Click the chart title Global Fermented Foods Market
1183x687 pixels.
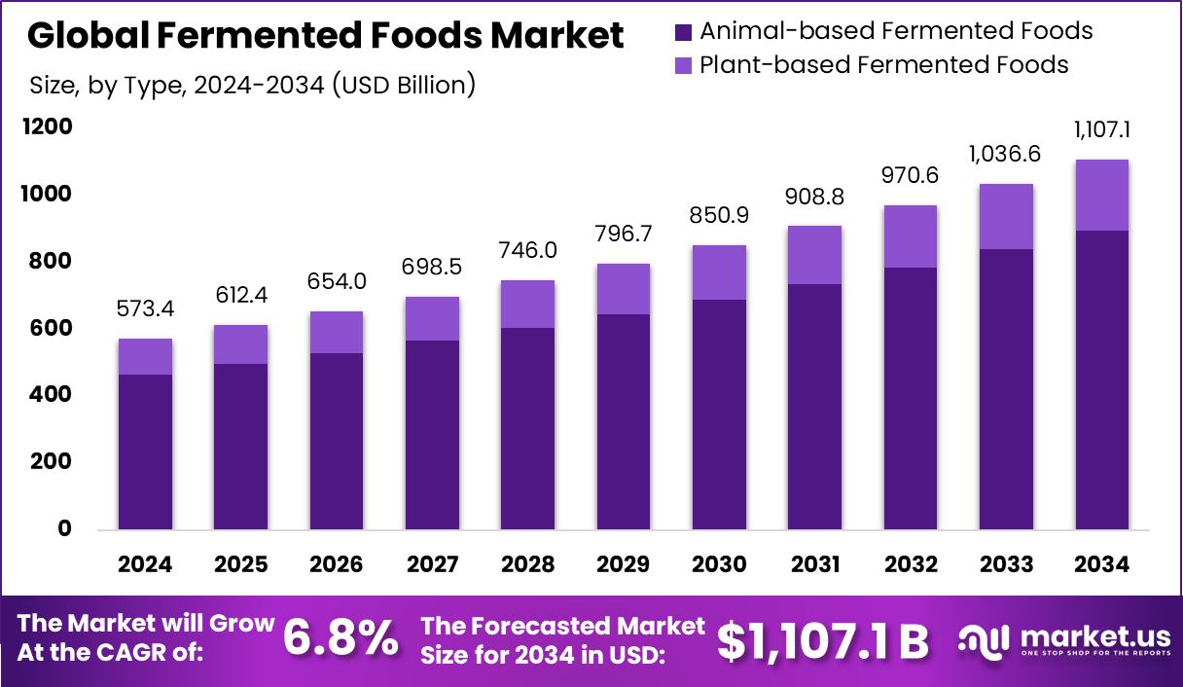point(326,36)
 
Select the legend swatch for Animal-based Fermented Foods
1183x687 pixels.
point(683,32)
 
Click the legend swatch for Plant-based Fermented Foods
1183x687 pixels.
point(683,66)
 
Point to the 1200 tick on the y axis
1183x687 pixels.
point(50,127)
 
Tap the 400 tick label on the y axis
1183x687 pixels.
point(50,395)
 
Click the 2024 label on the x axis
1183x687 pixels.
point(145,565)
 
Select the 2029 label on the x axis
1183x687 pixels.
point(624,565)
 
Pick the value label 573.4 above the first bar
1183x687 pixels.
point(145,310)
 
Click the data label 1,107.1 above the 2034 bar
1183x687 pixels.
point(1101,130)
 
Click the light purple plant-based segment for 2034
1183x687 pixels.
point(1101,195)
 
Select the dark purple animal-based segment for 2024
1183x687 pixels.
point(145,452)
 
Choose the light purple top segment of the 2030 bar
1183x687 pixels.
point(719,272)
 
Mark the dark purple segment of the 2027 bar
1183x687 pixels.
point(432,435)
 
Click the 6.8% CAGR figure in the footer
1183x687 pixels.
point(341,639)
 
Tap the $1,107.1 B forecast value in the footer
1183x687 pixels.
point(822,640)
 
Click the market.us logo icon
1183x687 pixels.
point(984,639)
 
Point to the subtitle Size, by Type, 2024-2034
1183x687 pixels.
point(252,85)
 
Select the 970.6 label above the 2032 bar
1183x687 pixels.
point(911,176)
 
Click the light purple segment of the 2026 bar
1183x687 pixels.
point(337,332)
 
